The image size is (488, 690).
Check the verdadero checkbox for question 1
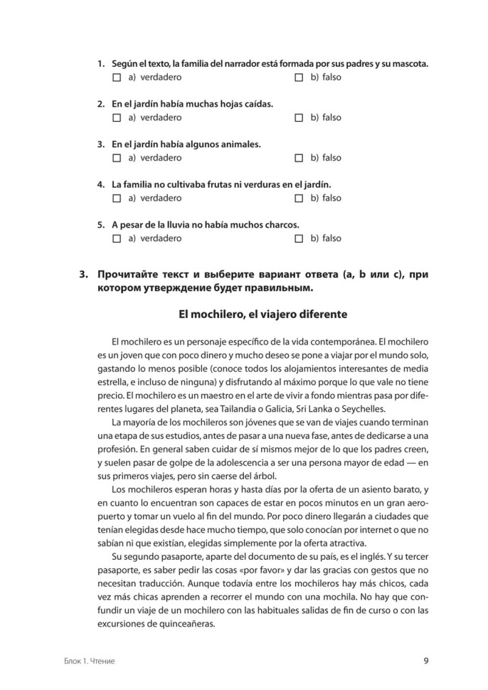(x=117, y=77)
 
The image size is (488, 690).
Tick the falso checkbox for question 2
(x=299, y=117)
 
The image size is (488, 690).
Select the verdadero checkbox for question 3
(x=117, y=158)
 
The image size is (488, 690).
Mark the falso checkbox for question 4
(x=299, y=198)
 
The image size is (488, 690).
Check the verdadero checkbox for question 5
(x=117, y=239)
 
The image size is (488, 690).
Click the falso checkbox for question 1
(x=299, y=77)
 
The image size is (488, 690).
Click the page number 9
(x=425, y=660)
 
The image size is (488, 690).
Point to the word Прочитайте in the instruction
(x=130, y=274)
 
